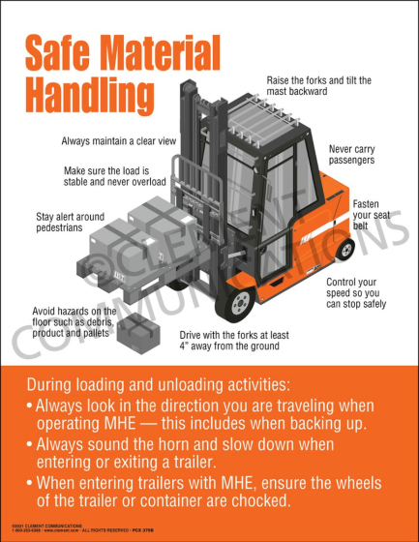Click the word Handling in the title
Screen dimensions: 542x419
[88, 96]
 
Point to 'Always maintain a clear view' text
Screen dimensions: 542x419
[119, 141]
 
